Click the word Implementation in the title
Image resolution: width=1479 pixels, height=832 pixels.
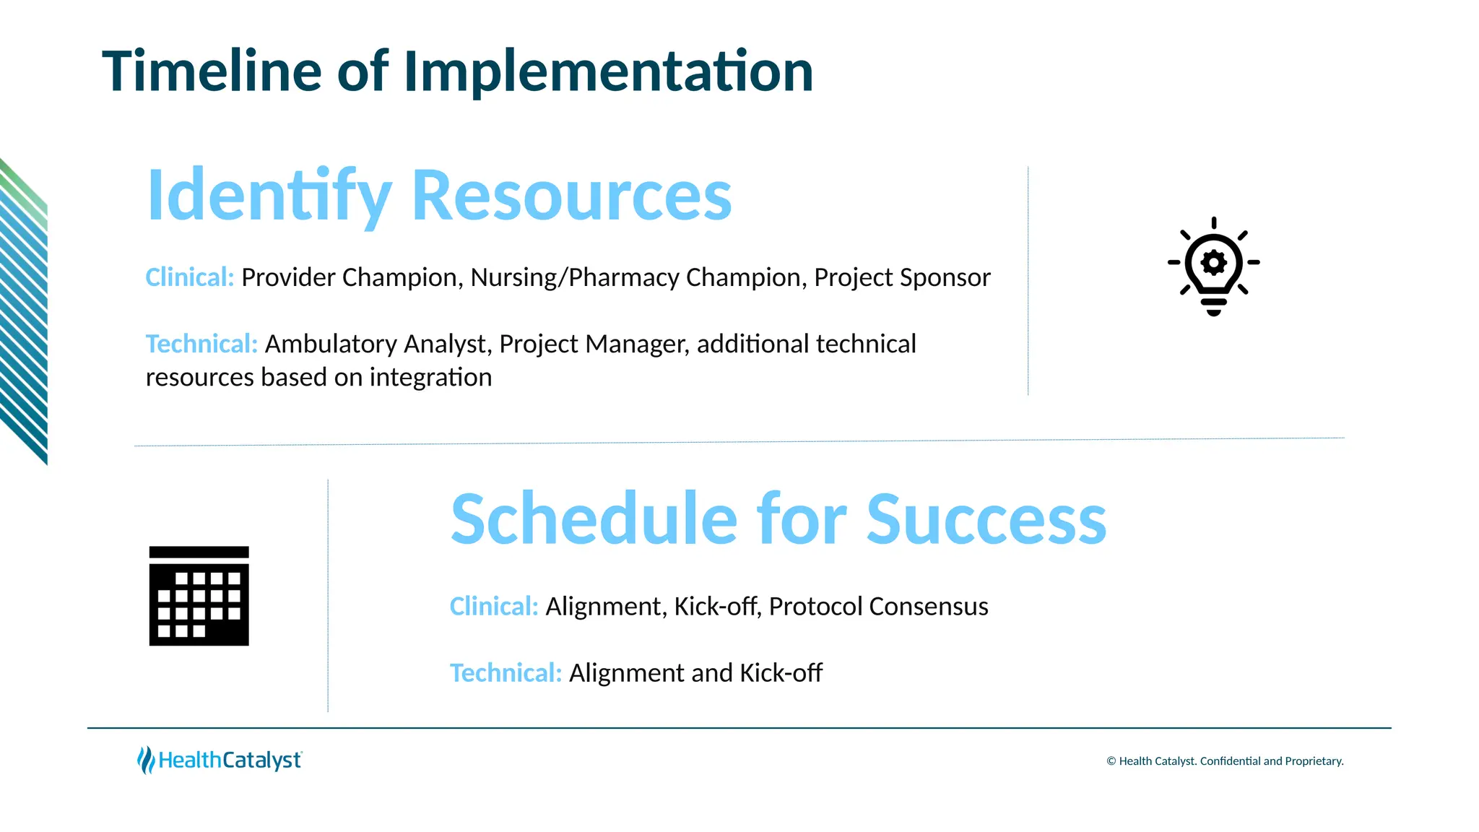click(608, 71)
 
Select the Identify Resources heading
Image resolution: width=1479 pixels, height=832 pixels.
click(439, 195)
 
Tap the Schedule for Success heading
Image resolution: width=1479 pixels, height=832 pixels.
click(778, 519)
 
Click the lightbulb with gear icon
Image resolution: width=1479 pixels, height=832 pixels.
click(1213, 266)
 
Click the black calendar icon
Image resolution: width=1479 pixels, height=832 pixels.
click(199, 596)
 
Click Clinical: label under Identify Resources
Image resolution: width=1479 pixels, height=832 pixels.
click(189, 277)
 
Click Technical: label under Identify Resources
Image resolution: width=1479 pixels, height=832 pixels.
click(201, 344)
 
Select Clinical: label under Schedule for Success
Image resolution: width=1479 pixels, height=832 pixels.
click(494, 607)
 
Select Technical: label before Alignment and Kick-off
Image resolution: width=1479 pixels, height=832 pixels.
click(506, 673)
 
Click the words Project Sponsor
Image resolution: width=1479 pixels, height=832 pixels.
click(902, 277)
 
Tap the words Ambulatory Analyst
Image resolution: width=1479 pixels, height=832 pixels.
click(378, 344)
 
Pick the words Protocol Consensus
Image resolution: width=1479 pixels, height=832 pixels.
click(878, 607)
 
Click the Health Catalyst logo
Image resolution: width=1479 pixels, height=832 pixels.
click(220, 760)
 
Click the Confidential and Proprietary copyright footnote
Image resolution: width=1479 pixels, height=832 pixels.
click(1225, 761)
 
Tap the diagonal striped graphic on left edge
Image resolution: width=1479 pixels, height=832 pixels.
click(24, 311)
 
